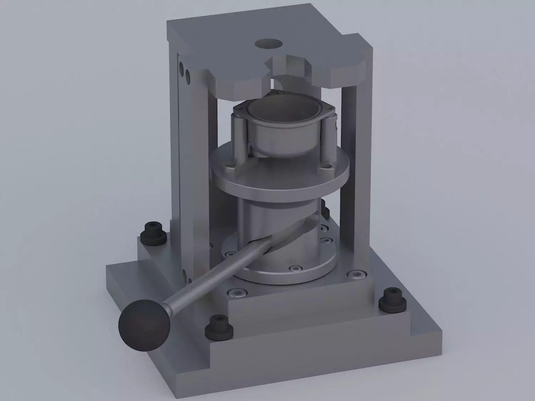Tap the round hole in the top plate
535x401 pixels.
(x=269, y=44)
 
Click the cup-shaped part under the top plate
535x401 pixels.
(x=282, y=129)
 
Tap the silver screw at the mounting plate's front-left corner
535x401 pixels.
(x=236, y=292)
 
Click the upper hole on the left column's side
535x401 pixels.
(x=182, y=66)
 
